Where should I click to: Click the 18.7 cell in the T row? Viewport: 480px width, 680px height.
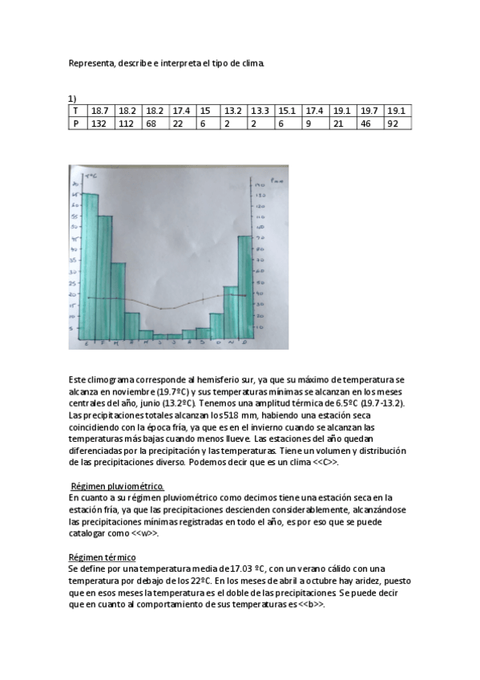[100, 111]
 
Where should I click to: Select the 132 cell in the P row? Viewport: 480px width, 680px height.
[100, 123]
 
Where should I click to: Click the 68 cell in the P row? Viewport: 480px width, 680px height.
[155, 123]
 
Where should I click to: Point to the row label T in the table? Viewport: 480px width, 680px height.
[75, 111]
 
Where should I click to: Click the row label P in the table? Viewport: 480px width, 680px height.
[75, 123]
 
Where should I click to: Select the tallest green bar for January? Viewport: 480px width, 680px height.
[91, 265]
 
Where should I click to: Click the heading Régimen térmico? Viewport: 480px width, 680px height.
[103, 557]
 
